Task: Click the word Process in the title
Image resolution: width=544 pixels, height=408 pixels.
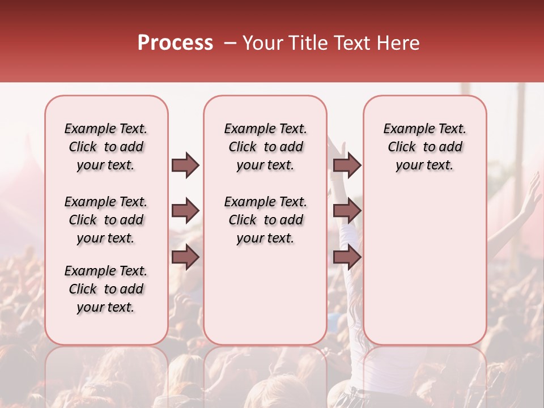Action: [175, 43]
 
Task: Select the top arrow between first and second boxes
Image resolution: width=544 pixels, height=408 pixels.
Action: [185, 165]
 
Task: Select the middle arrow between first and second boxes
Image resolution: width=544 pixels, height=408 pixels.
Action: [185, 211]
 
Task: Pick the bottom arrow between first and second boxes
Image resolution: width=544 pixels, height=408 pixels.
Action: [185, 257]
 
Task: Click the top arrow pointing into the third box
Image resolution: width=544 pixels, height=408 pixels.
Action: [347, 165]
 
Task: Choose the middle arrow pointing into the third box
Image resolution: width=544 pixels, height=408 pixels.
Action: [347, 211]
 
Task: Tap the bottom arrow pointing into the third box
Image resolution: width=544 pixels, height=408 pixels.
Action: [347, 257]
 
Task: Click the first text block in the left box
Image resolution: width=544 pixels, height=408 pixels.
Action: [106, 147]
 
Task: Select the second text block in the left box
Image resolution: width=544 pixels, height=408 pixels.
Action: [106, 220]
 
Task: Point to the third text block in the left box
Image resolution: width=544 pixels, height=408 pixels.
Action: [106, 289]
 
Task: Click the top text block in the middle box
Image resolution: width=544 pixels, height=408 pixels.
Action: [265, 147]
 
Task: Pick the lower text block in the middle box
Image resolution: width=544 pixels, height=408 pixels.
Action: [265, 220]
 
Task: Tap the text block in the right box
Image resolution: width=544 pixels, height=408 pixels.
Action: [424, 147]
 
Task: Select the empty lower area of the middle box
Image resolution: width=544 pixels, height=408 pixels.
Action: [265, 295]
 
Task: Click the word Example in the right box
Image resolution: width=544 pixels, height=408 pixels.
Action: [403, 129]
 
